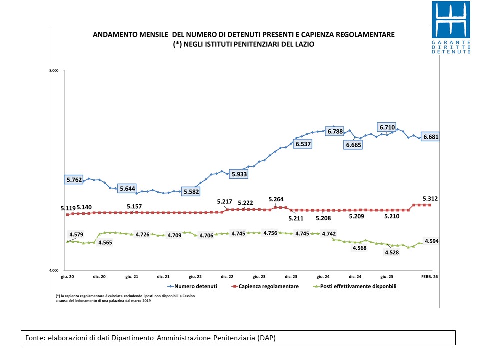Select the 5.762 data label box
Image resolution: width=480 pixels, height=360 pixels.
point(74,179)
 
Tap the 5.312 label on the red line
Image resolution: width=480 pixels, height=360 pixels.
point(431,198)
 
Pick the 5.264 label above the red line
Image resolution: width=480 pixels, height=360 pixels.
point(278,199)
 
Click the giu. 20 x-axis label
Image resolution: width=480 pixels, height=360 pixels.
point(67,276)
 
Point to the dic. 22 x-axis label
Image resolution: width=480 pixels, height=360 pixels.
point(227,276)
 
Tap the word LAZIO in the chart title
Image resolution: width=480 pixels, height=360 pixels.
point(304,44)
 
